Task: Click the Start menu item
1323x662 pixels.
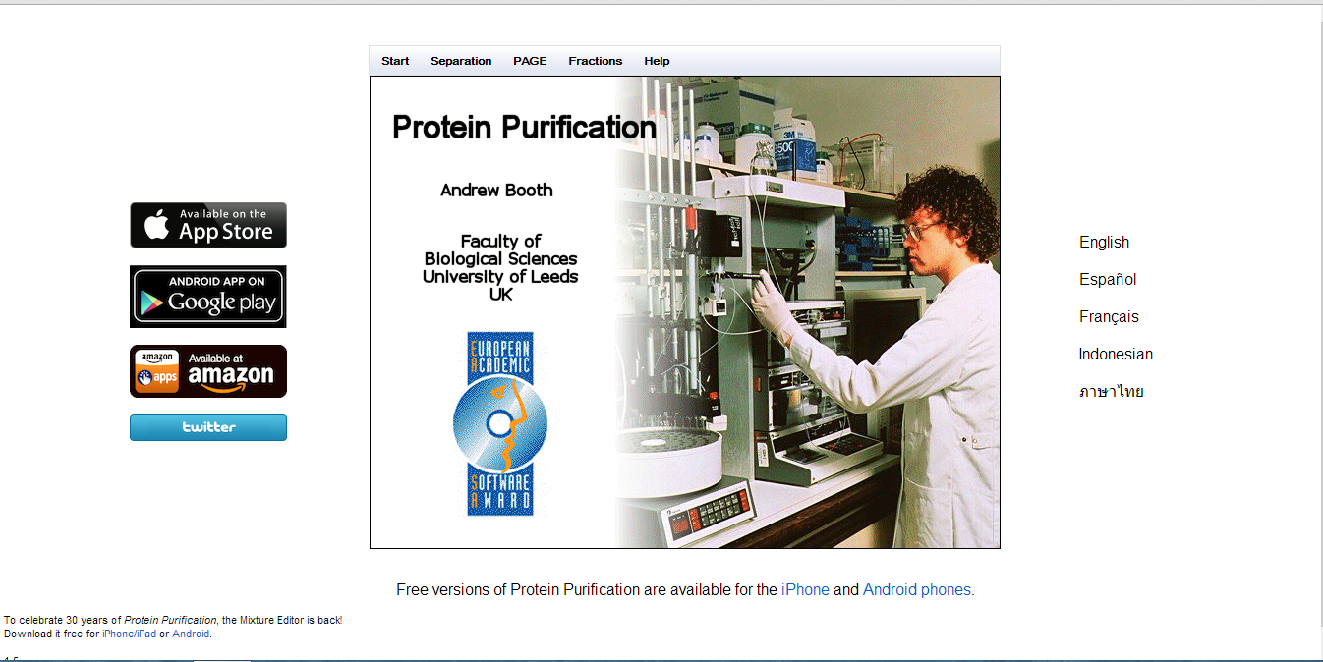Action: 395,61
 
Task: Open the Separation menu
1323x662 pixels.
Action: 461,61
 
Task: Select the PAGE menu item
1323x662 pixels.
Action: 530,61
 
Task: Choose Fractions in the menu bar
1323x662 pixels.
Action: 595,61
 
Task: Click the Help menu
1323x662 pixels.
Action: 657,61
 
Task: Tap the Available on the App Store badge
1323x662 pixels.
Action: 208,225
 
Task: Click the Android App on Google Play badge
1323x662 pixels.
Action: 208,296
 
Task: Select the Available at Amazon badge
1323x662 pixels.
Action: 208,371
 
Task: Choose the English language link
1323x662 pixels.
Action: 1104,243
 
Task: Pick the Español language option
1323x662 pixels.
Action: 1108,280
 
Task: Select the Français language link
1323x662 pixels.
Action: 1109,317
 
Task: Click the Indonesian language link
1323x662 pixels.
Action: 1116,355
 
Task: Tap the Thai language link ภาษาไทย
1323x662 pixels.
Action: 1111,392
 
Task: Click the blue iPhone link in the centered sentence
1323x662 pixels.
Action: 805,590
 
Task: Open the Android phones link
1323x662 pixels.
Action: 918,590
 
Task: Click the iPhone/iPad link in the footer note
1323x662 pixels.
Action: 130,634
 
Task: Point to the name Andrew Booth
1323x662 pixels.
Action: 496,191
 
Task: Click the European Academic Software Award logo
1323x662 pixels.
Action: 500,423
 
